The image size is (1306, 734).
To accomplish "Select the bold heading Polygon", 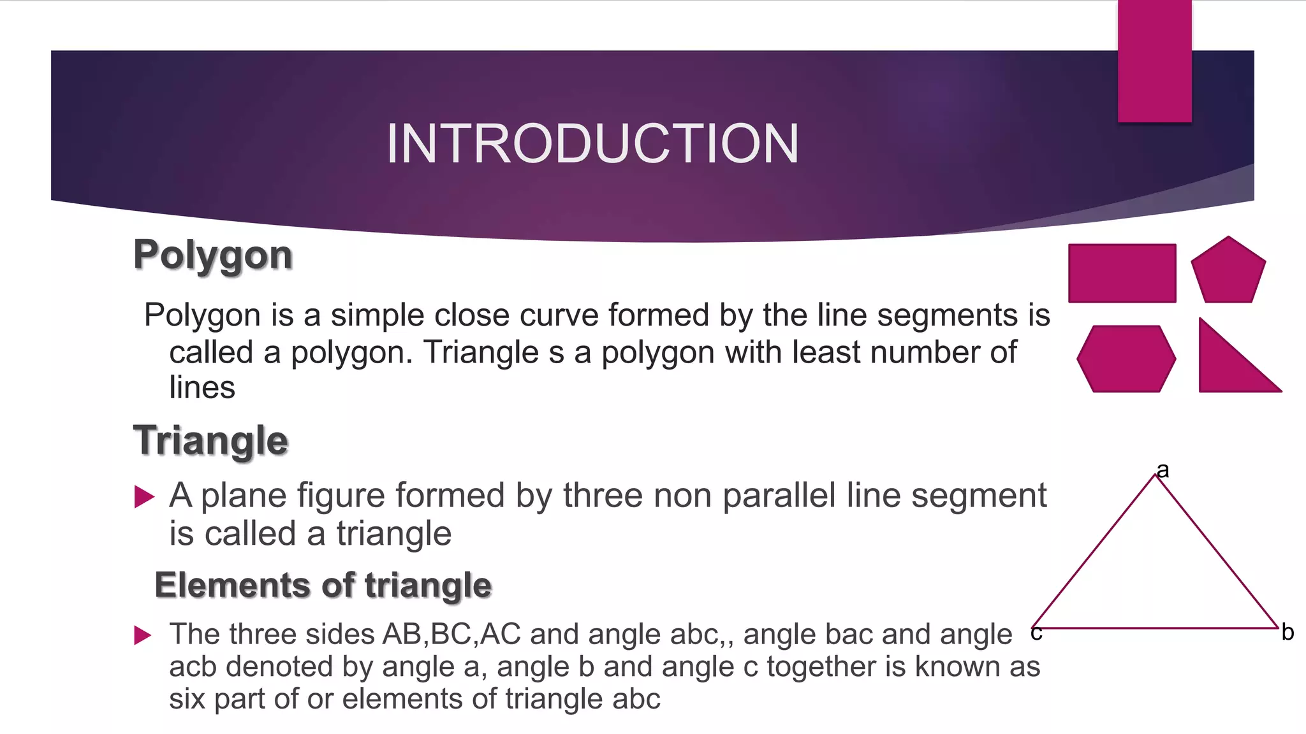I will point(213,255).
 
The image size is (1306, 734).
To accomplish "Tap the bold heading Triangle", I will point(210,440).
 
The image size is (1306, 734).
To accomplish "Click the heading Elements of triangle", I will point(323,585).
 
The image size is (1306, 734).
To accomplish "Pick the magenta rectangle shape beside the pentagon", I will point(1122,273).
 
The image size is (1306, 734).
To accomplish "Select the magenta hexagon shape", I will point(1126,359).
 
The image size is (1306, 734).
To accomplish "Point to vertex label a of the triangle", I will point(1163,470).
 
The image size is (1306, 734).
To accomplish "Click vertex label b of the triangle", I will point(1288,632).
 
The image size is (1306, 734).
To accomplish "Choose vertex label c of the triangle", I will point(1036,633).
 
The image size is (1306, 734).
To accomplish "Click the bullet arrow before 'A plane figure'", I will point(144,496).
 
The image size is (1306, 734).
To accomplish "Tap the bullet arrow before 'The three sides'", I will point(143,635).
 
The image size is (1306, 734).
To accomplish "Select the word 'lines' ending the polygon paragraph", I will point(202,387).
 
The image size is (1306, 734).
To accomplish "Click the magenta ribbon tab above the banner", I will point(1154,61).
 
